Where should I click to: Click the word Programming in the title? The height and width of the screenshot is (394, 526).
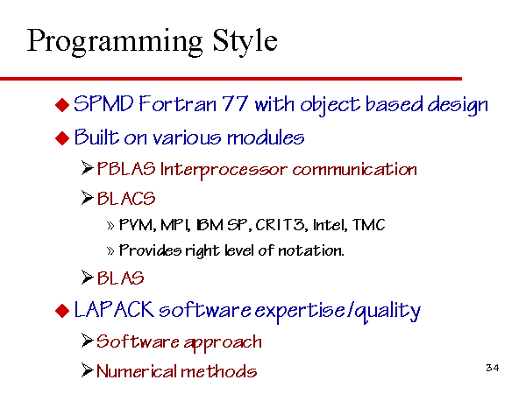(115, 43)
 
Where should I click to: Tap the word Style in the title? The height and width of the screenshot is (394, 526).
(245, 43)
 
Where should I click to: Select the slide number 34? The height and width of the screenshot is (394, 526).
(492, 368)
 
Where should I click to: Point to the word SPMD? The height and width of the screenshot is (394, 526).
(103, 104)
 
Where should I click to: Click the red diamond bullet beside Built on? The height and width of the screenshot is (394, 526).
(62, 137)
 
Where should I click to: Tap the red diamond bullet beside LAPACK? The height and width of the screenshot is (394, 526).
(62, 311)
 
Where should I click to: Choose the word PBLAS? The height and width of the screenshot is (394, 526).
(126, 169)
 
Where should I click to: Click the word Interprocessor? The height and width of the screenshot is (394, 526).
(224, 170)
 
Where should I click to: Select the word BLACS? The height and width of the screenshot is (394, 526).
(126, 199)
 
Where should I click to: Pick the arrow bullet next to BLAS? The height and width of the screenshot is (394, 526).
(87, 278)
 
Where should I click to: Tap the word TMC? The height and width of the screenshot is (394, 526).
(369, 225)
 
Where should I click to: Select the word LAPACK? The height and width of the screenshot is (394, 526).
(114, 309)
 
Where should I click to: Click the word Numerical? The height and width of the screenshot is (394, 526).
(137, 371)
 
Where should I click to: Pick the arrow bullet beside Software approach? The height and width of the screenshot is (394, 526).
(87, 341)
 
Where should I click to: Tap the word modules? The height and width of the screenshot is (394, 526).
(266, 137)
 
